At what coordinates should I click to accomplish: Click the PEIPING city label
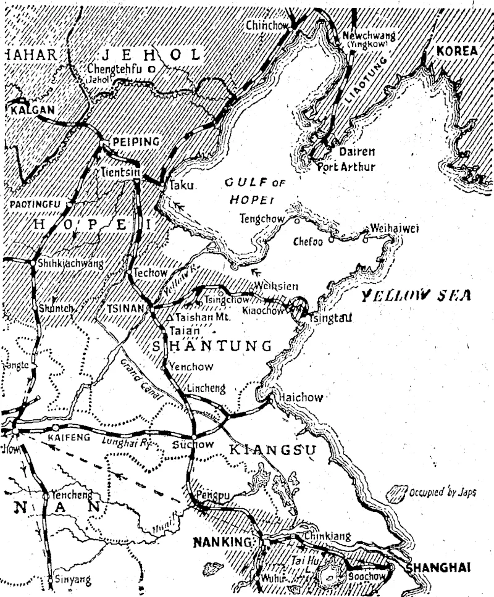tap(135, 141)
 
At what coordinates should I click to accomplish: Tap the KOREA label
tap(457, 51)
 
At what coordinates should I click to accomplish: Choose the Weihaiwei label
tap(395, 228)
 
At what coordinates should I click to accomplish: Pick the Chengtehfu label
tap(114, 69)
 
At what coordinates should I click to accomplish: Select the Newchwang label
tap(369, 36)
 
